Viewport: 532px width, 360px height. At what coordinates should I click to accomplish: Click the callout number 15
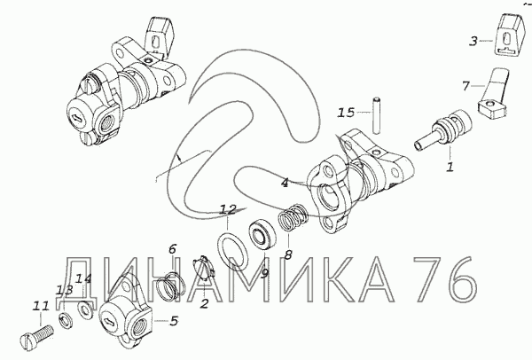coord(346,113)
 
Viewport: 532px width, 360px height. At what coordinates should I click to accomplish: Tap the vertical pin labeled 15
coord(375,115)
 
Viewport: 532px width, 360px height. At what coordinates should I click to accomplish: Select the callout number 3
coord(473,42)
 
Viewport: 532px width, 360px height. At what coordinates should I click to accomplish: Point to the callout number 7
coord(465,87)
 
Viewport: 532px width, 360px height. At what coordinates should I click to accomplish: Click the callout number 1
coord(450,167)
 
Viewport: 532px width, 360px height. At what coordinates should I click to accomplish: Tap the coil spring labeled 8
coord(293,217)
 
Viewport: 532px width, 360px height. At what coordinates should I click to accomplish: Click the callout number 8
coord(288,254)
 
